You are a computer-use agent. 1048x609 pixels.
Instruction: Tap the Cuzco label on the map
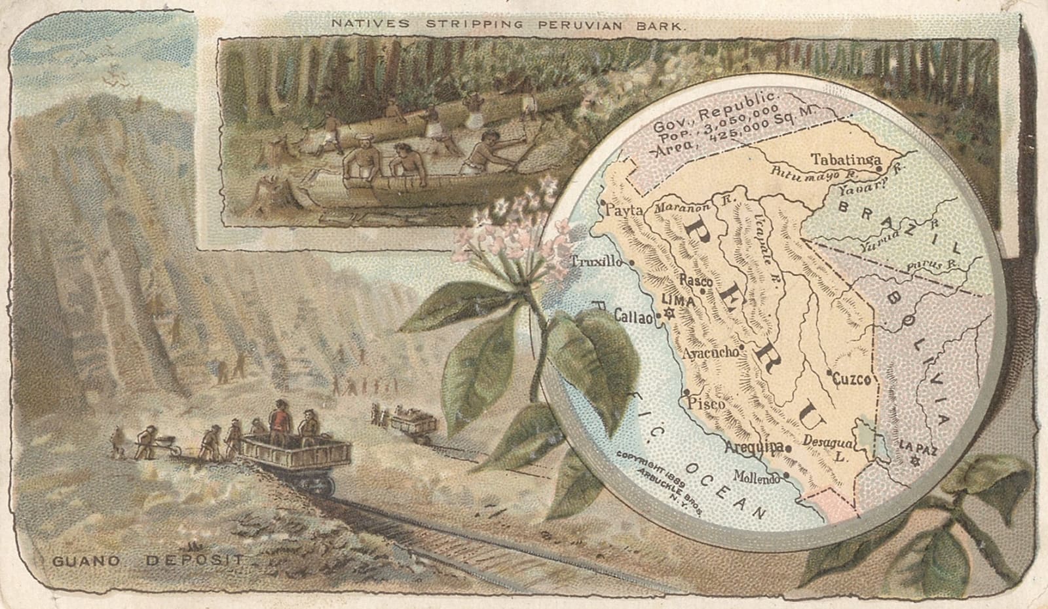pyautogui.click(x=852, y=379)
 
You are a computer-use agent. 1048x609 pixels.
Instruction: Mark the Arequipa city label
pyautogui.click(x=755, y=447)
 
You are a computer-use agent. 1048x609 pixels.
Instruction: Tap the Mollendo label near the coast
pyautogui.click(x=757, y=477)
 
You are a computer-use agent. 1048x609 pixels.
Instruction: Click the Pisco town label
pyautogui.click(x=704, y=404)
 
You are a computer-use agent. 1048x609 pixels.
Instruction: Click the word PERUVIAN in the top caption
pyautogui.click(x=574, y=24)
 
